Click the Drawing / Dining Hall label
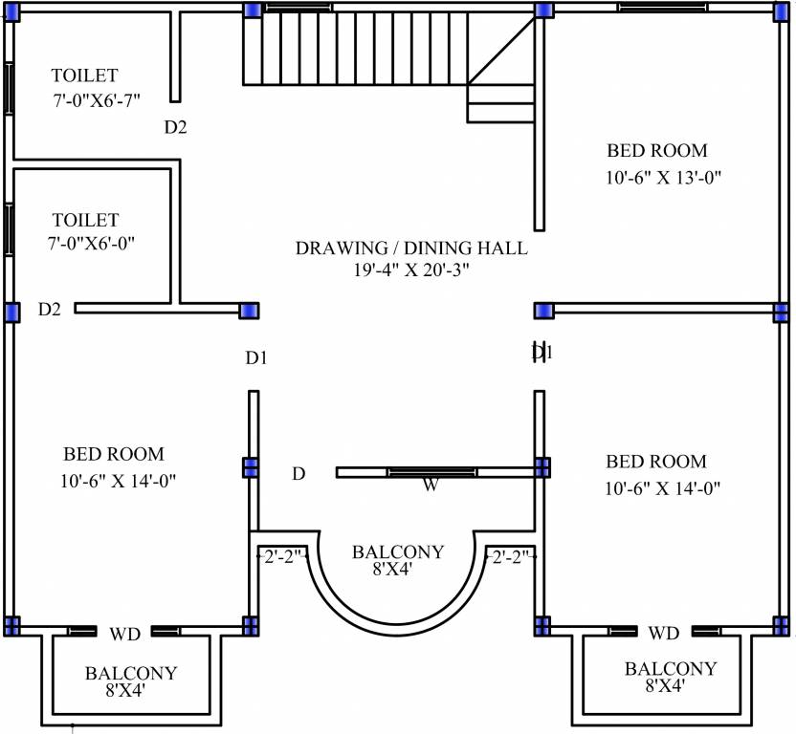pos(411,248)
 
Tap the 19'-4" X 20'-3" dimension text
pos(411,270)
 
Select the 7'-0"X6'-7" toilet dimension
pos(97,100)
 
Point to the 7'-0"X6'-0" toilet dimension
pos(92,244)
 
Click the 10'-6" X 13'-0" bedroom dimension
pos(664,178)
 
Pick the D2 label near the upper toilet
pos(176,127)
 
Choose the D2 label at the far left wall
pos(50,309)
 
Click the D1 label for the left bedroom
pos(256,358)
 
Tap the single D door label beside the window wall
pos(298,474)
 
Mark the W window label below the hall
pos(431,486)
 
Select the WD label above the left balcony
pos(124,634)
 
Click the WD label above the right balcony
pos(664,633)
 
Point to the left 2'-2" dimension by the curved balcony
pos(282,557)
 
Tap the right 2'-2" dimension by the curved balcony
pos(511,557)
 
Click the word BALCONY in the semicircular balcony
pos(398,551)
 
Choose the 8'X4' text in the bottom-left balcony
pos(125,690)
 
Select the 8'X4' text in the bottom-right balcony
pos(665,686)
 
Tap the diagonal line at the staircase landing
pos(501,51)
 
